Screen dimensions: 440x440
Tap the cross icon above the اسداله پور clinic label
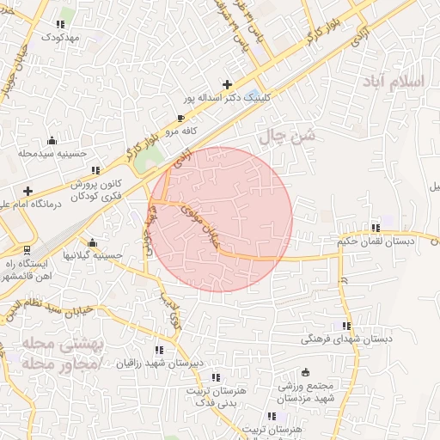pos(227,84)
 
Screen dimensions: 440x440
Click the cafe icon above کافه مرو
pos(180,118)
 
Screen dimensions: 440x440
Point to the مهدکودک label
pos(59,39)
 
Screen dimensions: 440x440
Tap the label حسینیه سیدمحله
pos(53,154)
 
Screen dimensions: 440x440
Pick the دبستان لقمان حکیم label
pos(375,241)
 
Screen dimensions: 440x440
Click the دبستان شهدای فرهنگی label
pos(345,339)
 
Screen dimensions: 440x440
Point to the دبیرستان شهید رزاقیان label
pos(159,363)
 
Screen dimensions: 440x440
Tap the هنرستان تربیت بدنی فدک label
pos(215,395)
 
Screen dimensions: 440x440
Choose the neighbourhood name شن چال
pos(287,136)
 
